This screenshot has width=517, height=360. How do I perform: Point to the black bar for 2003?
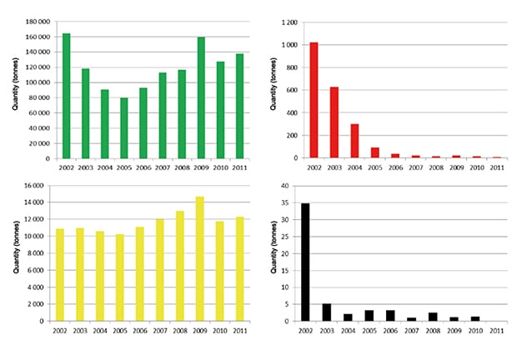327,312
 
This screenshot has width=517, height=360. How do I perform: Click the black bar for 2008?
433,317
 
